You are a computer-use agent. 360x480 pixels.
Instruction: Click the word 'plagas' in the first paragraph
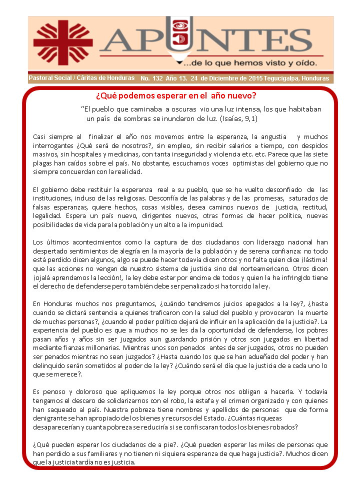pyautogui.click(x=45, y=163)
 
